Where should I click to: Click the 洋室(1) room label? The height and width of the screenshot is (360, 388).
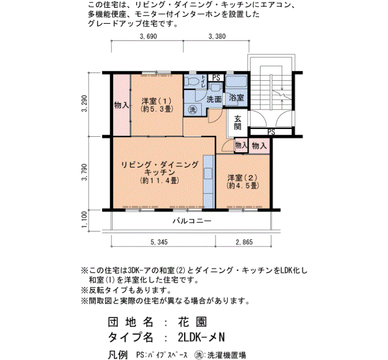155,105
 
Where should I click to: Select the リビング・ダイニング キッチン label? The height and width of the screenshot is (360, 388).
159,172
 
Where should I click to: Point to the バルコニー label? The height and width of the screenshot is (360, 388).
191,220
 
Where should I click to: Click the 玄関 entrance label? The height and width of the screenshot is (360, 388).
237,122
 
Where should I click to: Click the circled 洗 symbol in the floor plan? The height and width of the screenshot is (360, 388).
192,109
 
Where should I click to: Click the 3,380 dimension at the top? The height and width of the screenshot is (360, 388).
217,37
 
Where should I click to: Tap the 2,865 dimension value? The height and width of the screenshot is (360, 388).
244,242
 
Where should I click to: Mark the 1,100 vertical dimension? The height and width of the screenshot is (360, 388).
84,219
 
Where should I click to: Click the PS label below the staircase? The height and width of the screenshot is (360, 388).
271,132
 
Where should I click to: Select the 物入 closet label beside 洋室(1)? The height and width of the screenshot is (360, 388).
121,105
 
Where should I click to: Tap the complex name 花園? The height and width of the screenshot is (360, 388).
192,322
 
